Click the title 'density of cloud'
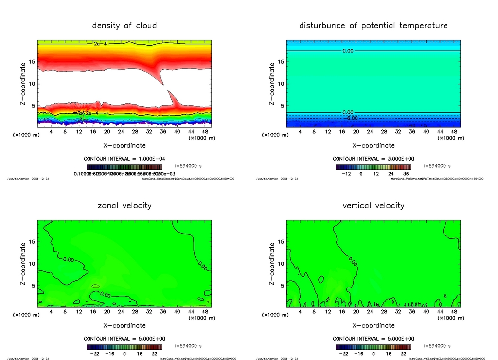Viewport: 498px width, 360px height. (124, 25)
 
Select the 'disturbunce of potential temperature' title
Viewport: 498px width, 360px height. (373, 25)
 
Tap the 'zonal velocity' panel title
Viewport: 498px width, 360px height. (124, 205)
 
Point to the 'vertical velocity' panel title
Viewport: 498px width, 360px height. (373, 205)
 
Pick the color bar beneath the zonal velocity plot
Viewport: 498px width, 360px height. (124, 347)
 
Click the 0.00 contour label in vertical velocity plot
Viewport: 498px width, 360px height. (352, 263)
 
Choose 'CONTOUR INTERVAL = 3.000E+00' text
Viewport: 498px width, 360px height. (373, 159)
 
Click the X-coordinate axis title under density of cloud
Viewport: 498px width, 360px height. (124, 145)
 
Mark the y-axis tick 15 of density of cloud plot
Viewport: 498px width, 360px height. (32, 62)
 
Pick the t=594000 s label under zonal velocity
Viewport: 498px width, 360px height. (188, 346)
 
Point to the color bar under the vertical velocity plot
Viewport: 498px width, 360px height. (373, 347)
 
